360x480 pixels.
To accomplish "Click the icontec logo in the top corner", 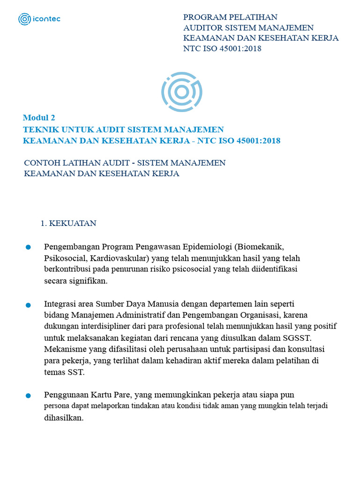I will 39,19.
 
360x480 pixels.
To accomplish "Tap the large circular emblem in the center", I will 182,92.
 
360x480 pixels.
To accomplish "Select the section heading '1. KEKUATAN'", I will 68,224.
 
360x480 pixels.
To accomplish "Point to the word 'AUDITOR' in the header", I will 200,28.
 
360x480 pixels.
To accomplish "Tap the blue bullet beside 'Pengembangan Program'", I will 28,247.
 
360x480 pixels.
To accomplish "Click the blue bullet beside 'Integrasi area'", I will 28,305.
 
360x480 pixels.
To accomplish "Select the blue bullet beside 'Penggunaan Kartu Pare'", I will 28,396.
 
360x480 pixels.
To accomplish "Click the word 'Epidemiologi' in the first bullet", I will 208,247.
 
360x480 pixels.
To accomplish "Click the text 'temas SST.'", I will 64,373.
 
